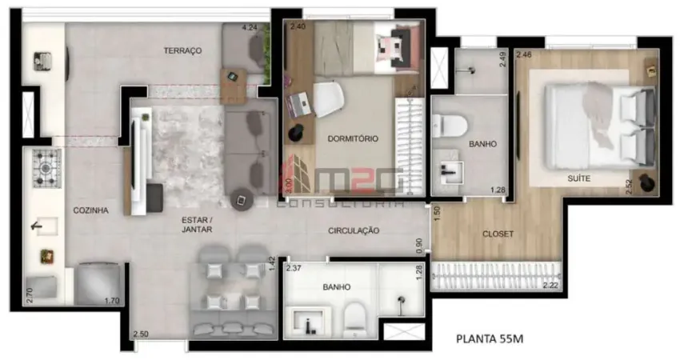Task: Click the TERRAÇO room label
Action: [x=182, y=50]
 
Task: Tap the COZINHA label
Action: [x=90, y=210]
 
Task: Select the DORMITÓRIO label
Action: [x=353, y=138]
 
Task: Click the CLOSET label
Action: [x=498, y=234]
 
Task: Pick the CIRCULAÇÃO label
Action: [x=353, y=230]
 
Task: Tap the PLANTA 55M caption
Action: [x=489, y=338]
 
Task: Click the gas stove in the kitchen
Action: [x=46, y=166]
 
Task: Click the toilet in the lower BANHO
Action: [x=355, y=319]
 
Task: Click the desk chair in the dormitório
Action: [x=329, y=99]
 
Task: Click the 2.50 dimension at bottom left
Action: [x=141, y=333]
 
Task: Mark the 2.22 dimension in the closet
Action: [x=550, y=285]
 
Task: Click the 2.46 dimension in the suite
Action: [x=524, y=54]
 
